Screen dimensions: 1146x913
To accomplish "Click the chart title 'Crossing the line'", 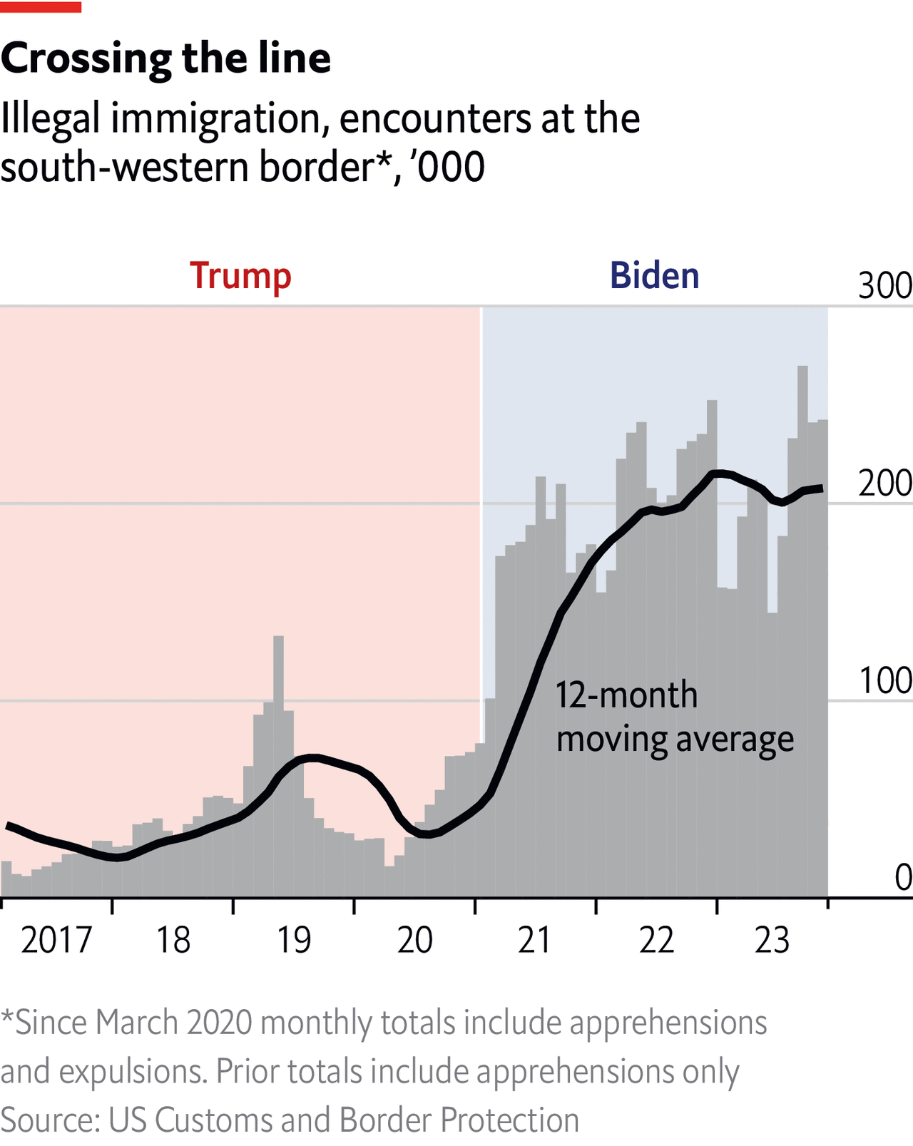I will click(x=165, y=58).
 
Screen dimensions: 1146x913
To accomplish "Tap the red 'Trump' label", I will click(x=240, y=276).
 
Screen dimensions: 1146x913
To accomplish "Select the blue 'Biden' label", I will click(x=654, y=276).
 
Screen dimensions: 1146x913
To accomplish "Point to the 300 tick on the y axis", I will click(x=884, y=287).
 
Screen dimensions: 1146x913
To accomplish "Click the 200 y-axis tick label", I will click(x=884, y=484).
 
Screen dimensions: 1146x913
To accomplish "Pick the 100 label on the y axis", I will click(x=884, y=681).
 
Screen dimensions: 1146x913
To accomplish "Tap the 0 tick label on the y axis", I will click(x=903, y=878).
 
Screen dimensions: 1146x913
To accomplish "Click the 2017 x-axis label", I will click(x=56, y=940).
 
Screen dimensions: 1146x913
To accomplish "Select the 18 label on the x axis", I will click(x=173, y=940).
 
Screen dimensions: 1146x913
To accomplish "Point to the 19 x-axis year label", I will click(x=294, y=940).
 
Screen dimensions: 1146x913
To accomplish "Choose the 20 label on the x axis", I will click(x=415, y=940).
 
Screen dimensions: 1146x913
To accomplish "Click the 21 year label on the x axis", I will click(x=535, y=940).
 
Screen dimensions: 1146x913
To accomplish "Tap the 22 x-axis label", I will click(x=656, y=940).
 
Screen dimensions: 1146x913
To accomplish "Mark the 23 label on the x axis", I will click(x=772, y=940).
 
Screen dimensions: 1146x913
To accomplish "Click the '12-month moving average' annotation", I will click(x=674, y=717).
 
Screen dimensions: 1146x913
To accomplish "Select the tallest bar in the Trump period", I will click(x=278, y=763).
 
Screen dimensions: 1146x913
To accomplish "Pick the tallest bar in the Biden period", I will click(x=802, y=628).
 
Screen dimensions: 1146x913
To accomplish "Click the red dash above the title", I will click(x=41, y=7).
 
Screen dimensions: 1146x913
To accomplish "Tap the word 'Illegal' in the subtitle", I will click(x=50, y=118).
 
